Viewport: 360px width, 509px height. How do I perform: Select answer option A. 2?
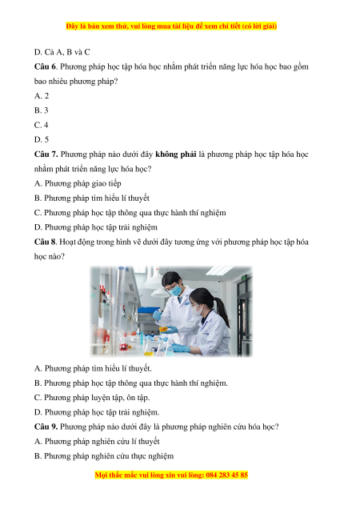(42, 96)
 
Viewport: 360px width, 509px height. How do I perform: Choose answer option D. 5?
(42, 139)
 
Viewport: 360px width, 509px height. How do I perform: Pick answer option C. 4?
(42, 125)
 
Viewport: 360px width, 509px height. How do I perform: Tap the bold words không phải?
(176, 154)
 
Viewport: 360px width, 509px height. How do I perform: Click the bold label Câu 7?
(46, 154)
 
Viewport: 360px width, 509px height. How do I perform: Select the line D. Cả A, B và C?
(62, 52)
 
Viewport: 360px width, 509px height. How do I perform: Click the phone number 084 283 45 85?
(226, 475)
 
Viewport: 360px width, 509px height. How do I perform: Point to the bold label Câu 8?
(45, 242)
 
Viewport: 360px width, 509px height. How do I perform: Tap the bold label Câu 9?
(46, 427)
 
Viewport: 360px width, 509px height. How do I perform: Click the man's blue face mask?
(176, 290)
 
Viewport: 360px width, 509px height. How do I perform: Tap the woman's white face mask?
(196, 311)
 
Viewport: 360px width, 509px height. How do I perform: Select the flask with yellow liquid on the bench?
(148, 348)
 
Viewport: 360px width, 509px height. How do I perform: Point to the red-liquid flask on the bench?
(123, 344)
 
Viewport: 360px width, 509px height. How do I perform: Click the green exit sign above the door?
(244, 278)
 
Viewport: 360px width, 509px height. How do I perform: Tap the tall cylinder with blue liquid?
(142, 335)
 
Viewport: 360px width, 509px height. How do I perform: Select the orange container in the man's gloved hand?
(163, 329)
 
